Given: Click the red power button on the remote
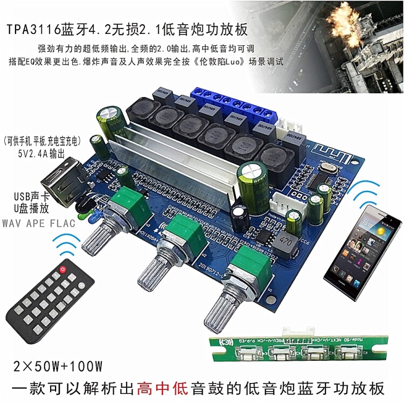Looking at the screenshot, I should pos(64,268).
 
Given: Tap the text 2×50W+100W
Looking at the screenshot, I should pos(57,366).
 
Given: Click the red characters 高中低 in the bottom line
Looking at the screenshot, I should pos(162,388).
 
